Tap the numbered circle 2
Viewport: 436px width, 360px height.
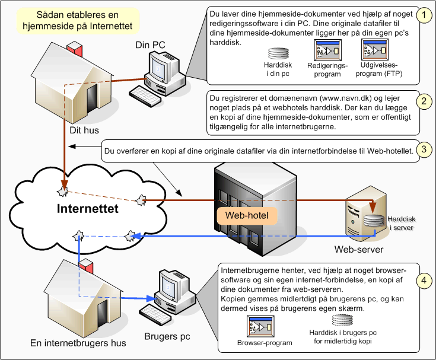[x=422, y=101]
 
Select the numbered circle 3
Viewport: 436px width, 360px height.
[x=422, y=149]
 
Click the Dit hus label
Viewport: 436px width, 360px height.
[x=83, y=129]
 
